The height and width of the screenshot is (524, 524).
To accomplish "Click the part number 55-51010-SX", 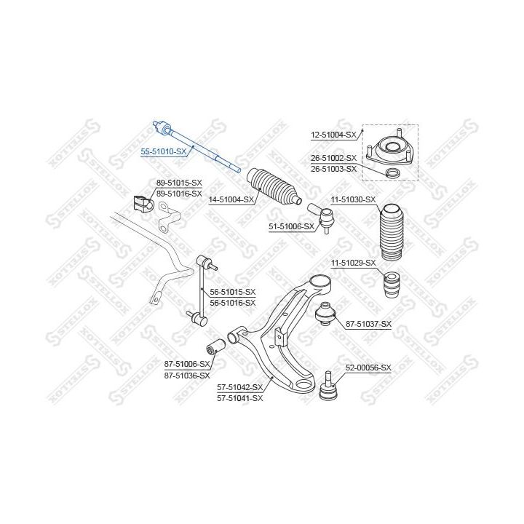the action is pos(164,151).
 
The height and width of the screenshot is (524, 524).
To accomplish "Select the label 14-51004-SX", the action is pos(231,200).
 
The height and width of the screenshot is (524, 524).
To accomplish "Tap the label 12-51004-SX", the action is pos(333,135).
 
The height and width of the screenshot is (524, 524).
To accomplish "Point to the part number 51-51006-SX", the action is pos(291,226).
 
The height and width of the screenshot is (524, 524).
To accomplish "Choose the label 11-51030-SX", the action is pos(353,200).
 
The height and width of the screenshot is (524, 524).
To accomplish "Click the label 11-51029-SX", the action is pos(353,263).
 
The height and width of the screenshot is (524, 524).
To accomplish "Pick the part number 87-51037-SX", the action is pos(368,324).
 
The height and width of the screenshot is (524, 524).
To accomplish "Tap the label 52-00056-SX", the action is pos(368,368).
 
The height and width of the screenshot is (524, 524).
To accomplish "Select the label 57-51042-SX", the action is pos(240,387).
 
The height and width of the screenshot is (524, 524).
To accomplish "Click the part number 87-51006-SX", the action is pos(187,364).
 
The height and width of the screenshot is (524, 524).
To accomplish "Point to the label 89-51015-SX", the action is pos(179,183).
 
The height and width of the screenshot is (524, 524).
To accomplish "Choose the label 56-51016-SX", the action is pos(233,303).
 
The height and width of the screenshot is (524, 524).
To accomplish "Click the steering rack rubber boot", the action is pos(274,186).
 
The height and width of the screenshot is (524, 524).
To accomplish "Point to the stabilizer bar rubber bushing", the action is pos(142,203).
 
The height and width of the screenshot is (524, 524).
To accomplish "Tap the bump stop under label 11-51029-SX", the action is pos(392,285).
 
